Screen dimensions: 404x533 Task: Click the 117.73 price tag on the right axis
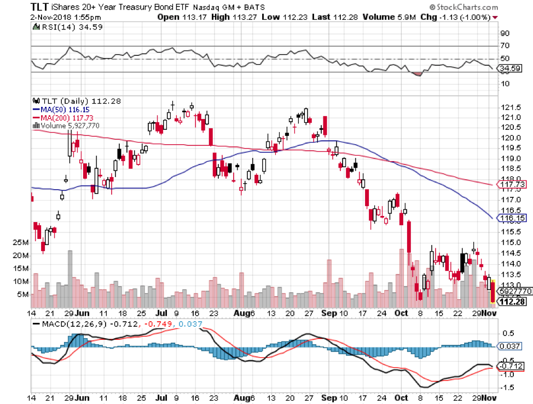pyautogui.click(x=513, y=185)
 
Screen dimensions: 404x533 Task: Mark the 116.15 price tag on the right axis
pyautogui.click(x=513, y=218)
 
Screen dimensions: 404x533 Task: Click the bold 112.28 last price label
pyautogui.click(x=513, y=301)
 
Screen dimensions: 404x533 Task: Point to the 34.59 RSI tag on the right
pyautogui.click(x=511, y=69)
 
